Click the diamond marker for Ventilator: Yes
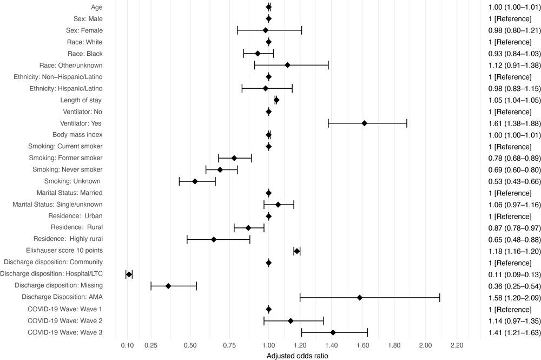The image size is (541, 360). (x=364, y=123)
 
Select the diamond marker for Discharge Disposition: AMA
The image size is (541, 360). (x=359, y=313)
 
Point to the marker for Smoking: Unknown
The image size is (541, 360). (x=195, y=181)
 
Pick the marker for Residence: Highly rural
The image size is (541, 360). (x=214, y=239)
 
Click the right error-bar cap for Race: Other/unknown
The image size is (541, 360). (x=328, y=65)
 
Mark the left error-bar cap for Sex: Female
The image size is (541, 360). (x=237, y=30)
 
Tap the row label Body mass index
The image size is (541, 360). (x=77, y=135)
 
